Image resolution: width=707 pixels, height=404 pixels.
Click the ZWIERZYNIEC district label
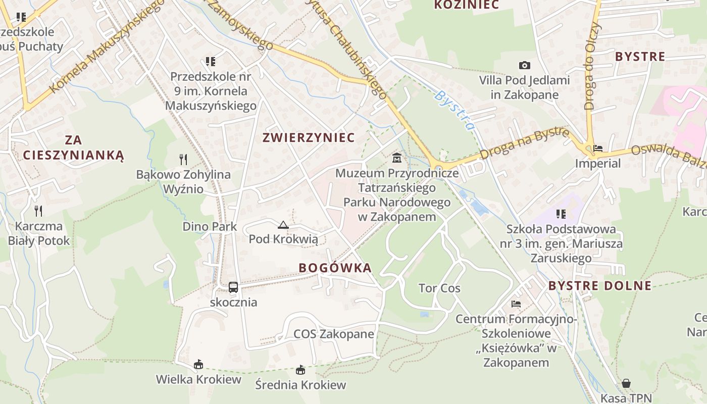point(309,137)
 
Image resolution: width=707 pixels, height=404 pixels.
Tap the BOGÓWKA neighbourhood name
point(335,268)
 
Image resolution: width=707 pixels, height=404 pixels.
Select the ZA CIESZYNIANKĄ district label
point(73,147)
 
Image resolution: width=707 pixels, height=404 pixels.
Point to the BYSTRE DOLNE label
point(600,286)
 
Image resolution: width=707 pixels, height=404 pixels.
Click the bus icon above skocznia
point(233,287)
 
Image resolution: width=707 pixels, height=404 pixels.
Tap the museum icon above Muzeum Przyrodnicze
point(397,158)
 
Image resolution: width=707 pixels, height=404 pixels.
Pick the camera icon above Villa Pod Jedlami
point(525,65)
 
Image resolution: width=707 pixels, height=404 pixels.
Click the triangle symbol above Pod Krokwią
point(283,225)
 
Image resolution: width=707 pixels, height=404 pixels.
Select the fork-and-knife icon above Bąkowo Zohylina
point(183,160)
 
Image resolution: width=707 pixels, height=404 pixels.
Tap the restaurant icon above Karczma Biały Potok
point(38,211)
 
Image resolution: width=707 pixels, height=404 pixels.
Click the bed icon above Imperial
point(598,148)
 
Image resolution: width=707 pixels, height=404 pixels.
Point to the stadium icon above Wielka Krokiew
point(198,364)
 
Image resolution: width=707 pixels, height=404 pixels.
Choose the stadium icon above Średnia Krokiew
point(300,370)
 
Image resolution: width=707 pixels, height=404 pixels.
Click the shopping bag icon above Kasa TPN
point(626,383)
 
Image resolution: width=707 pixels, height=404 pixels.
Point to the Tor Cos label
point(439,288)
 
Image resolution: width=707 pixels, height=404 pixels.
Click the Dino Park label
point(210,226)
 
